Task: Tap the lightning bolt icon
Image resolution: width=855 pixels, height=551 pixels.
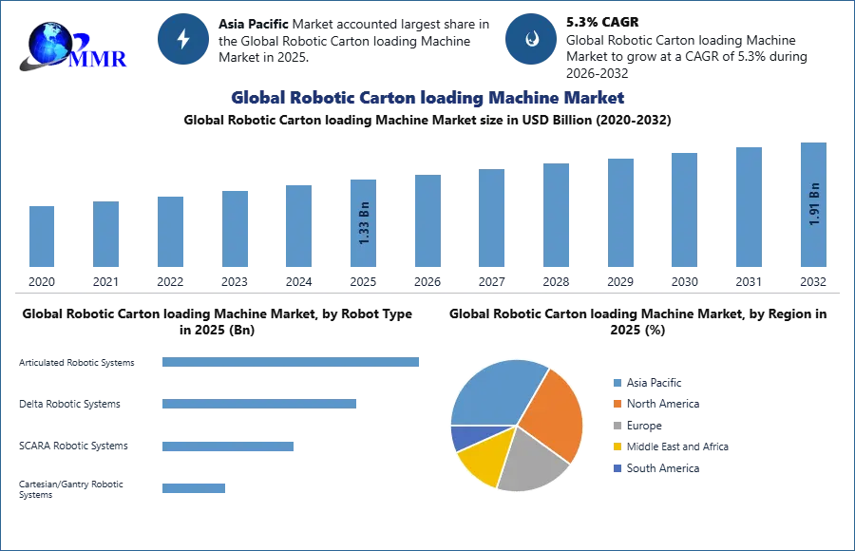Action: [x=183, y=39]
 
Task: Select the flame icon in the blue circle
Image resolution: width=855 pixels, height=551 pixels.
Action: [x=531, y=39]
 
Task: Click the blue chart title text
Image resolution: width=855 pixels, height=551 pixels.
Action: [x=427, y=98]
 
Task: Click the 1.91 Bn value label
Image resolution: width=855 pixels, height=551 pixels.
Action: [x=813, y=203]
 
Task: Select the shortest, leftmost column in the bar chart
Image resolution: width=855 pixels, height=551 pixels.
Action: [x=42, y=237]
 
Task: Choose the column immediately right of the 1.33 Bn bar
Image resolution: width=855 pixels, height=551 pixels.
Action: [x=426, y=222]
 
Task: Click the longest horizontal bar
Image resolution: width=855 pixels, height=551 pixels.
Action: [x=292, y=364]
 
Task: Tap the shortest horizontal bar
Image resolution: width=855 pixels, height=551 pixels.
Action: [x=193, y=486]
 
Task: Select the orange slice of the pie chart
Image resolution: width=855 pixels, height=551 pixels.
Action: [x=554, y=413]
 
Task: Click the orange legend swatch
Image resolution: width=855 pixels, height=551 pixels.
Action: [x=616, y=403]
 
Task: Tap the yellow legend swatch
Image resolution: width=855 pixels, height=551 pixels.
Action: [x=616, y=447]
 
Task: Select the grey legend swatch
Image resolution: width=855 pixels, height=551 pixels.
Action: [x=616, y=426]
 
